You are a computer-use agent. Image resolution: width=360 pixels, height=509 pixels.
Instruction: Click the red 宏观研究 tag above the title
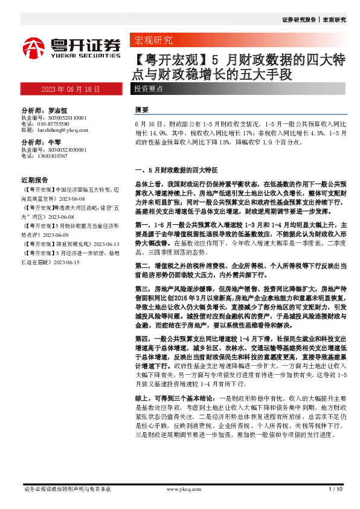[152, 41]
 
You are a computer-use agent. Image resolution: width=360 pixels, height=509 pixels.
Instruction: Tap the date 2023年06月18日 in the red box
[70, 89]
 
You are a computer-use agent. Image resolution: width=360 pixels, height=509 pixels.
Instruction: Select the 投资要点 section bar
[148, 89]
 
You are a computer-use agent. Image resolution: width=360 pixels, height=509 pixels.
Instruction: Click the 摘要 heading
[141, 110]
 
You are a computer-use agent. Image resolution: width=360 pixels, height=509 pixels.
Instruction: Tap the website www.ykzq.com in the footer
[179, 488]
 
